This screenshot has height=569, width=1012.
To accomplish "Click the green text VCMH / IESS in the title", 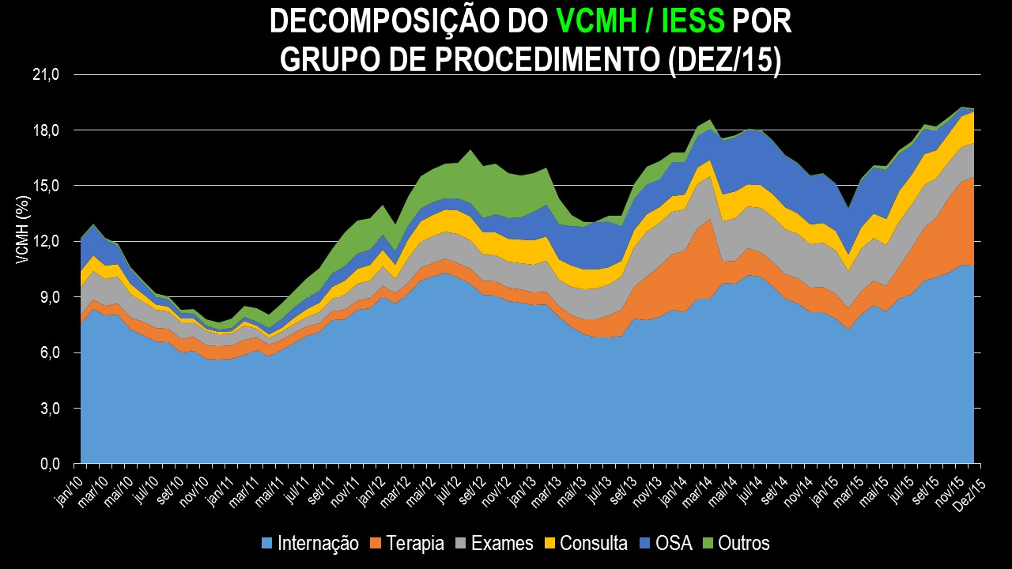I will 640,22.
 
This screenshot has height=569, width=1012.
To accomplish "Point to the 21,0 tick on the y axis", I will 47,74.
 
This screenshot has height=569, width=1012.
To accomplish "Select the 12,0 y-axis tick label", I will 47,242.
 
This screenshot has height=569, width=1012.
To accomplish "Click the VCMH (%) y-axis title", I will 24,228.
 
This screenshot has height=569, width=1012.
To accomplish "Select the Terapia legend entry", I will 413,543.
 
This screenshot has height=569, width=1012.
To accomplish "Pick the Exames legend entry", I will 502,543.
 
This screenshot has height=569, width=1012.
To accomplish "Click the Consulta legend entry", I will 593,543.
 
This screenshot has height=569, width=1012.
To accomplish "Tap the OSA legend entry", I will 674,543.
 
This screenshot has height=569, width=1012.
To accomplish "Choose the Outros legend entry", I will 742,543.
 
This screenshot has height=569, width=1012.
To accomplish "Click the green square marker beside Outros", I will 707,543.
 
